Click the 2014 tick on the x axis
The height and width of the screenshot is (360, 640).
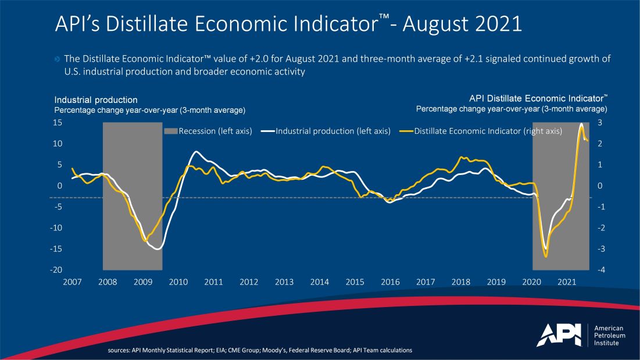[x=320, y=282]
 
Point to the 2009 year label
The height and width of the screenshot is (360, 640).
[x=143, y=282]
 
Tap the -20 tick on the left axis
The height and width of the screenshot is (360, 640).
[x=56, y=270]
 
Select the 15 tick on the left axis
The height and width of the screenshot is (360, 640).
[x=58, y=123]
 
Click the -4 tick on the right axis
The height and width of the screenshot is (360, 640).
[x=600, y=270]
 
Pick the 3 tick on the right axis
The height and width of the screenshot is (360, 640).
[x=600, y=123]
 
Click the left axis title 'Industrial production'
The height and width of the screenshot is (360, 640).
[x=96, y=100]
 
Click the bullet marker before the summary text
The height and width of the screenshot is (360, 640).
[x=57, y=59]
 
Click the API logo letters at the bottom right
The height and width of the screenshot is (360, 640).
[x=558, y=334]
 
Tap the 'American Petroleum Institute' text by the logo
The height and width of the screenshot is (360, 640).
[x=609, y=336]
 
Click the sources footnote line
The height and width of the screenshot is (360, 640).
[x=260, y=350]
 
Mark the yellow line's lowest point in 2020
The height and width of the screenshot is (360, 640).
[x=545, y=256]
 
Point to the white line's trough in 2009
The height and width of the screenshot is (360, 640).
[x=156, y=249]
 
